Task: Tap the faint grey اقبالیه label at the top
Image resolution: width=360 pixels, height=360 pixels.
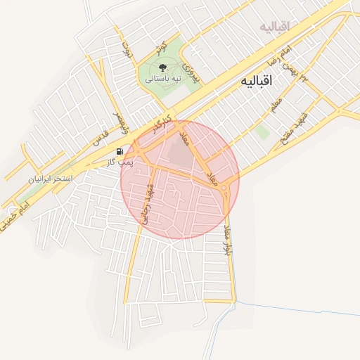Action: pyautogui.click(x=275, y=27)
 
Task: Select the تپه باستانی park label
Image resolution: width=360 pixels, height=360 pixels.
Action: pyautogui.click(x=163, y=79)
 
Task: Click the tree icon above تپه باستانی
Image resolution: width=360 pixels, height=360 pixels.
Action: pyautogui.click(x=163, y=68)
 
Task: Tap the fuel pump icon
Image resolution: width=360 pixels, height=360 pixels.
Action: pyautogui.click(x=120, y=150)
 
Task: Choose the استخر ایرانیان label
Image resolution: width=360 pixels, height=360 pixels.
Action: pyautogui.click(x=50, y=180)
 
